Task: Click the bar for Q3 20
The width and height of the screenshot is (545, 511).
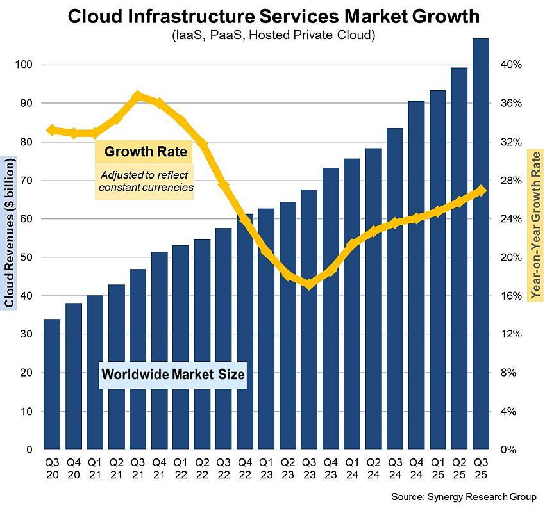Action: [x=53, y=384]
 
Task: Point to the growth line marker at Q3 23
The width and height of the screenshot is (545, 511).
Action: [x=309, y=284]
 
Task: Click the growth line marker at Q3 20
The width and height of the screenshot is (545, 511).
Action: [x=53, y=130]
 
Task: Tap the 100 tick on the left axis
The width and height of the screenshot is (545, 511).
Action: [x=24, y=65]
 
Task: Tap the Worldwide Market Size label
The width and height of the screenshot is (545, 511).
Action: [x=173, y=375]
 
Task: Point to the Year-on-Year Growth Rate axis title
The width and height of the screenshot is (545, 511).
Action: [x=535, y=224]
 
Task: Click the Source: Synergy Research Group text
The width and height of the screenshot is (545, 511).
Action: [x=464, y=497]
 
